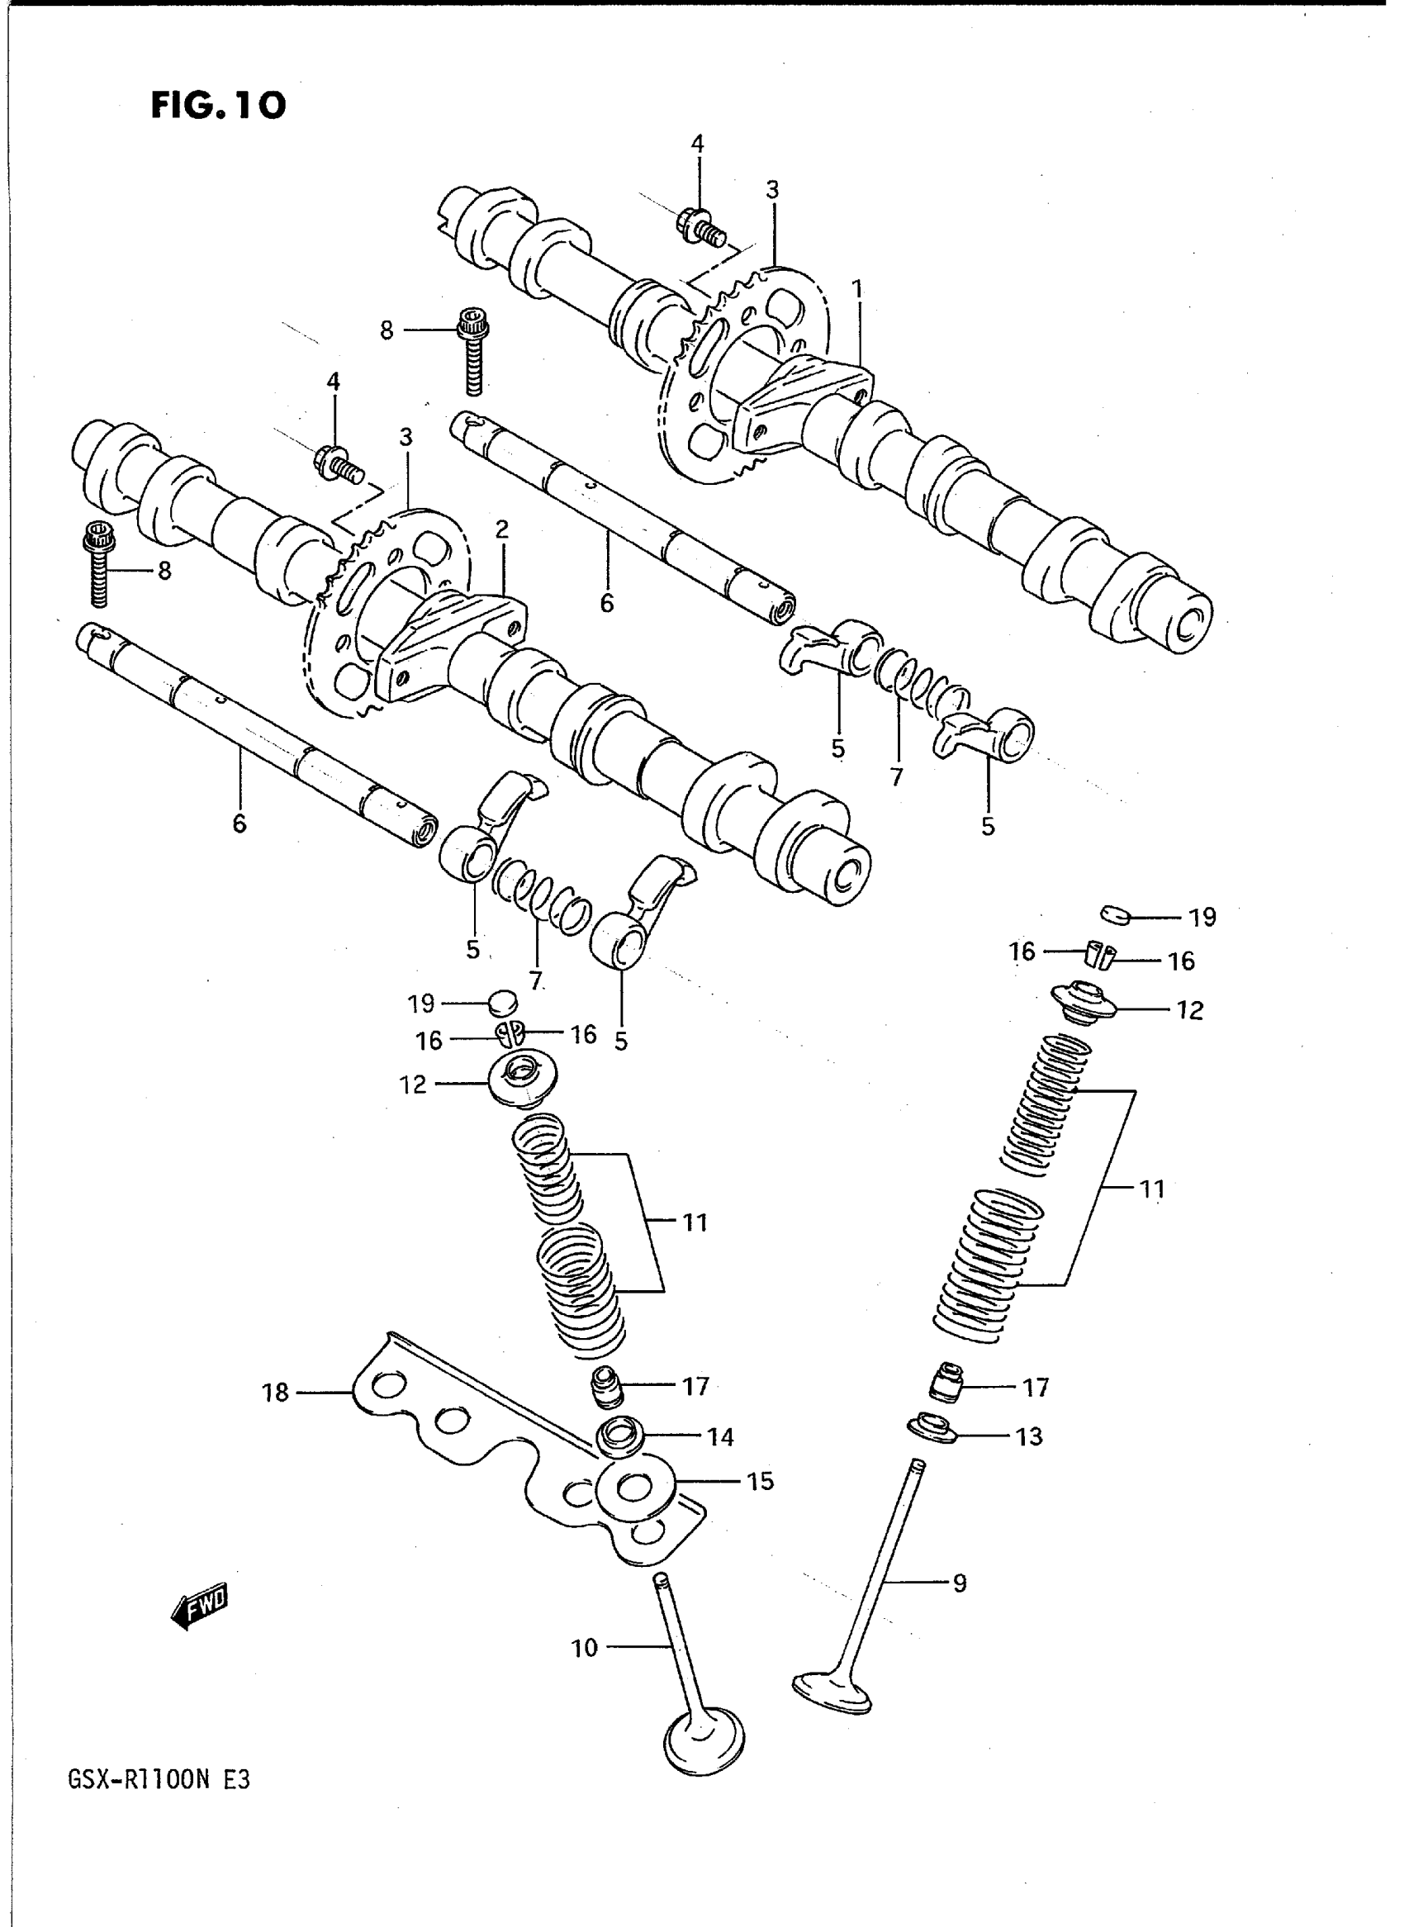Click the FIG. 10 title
click(218, 106)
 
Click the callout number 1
click(857, 291)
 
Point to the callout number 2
click(501, 529)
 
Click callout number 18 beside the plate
click(276, 1393)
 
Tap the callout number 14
click(720, 1436)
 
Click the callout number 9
click(959, 1583)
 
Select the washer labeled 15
click(637, 1488)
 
